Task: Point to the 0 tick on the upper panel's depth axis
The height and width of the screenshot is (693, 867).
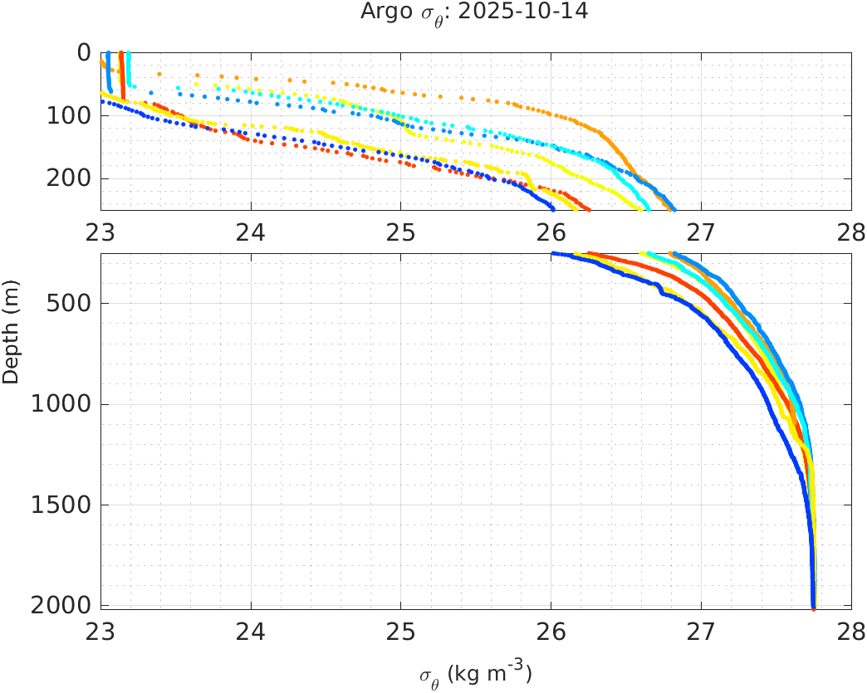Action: (x=83, y=52)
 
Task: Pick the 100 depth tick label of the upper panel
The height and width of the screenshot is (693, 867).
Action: (x=69, y=115)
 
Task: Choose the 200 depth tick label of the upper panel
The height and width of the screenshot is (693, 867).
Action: (x=69, y=178)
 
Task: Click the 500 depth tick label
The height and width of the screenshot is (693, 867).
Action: (x=69, y=303)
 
